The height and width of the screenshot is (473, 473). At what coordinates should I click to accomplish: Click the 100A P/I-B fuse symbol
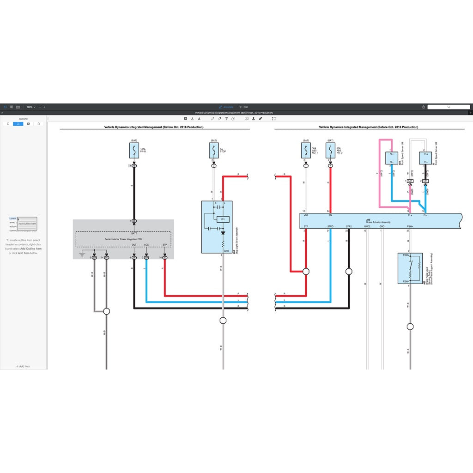134,151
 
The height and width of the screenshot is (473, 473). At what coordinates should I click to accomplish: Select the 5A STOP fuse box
214,151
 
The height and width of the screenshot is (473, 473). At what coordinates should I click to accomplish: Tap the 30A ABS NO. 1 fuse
306,151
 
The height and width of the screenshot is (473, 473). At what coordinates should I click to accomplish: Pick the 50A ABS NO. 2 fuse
330,151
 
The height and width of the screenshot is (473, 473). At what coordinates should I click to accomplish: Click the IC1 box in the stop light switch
223,219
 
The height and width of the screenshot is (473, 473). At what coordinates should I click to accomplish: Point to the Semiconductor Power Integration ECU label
123,239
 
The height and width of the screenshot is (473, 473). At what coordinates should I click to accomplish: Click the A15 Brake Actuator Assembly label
378,221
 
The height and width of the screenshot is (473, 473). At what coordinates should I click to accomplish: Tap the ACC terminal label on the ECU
146,245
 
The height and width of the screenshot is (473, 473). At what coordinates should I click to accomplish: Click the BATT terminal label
134,234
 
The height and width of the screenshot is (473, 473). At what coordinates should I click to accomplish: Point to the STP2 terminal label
349,226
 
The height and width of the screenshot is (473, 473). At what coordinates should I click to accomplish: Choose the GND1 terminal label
382,226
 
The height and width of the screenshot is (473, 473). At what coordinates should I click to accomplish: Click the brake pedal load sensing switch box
410,268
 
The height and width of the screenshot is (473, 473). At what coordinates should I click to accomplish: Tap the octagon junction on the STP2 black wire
349,271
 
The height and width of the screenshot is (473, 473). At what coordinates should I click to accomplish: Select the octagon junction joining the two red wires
306,271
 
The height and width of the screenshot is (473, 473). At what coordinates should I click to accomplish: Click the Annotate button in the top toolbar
226,107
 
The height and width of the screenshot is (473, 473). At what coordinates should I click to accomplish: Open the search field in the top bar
448,107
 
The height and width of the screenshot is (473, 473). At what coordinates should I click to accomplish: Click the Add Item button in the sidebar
23,366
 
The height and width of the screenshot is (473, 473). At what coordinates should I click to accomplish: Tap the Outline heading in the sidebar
23,119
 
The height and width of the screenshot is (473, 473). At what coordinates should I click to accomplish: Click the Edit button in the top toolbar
243,107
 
